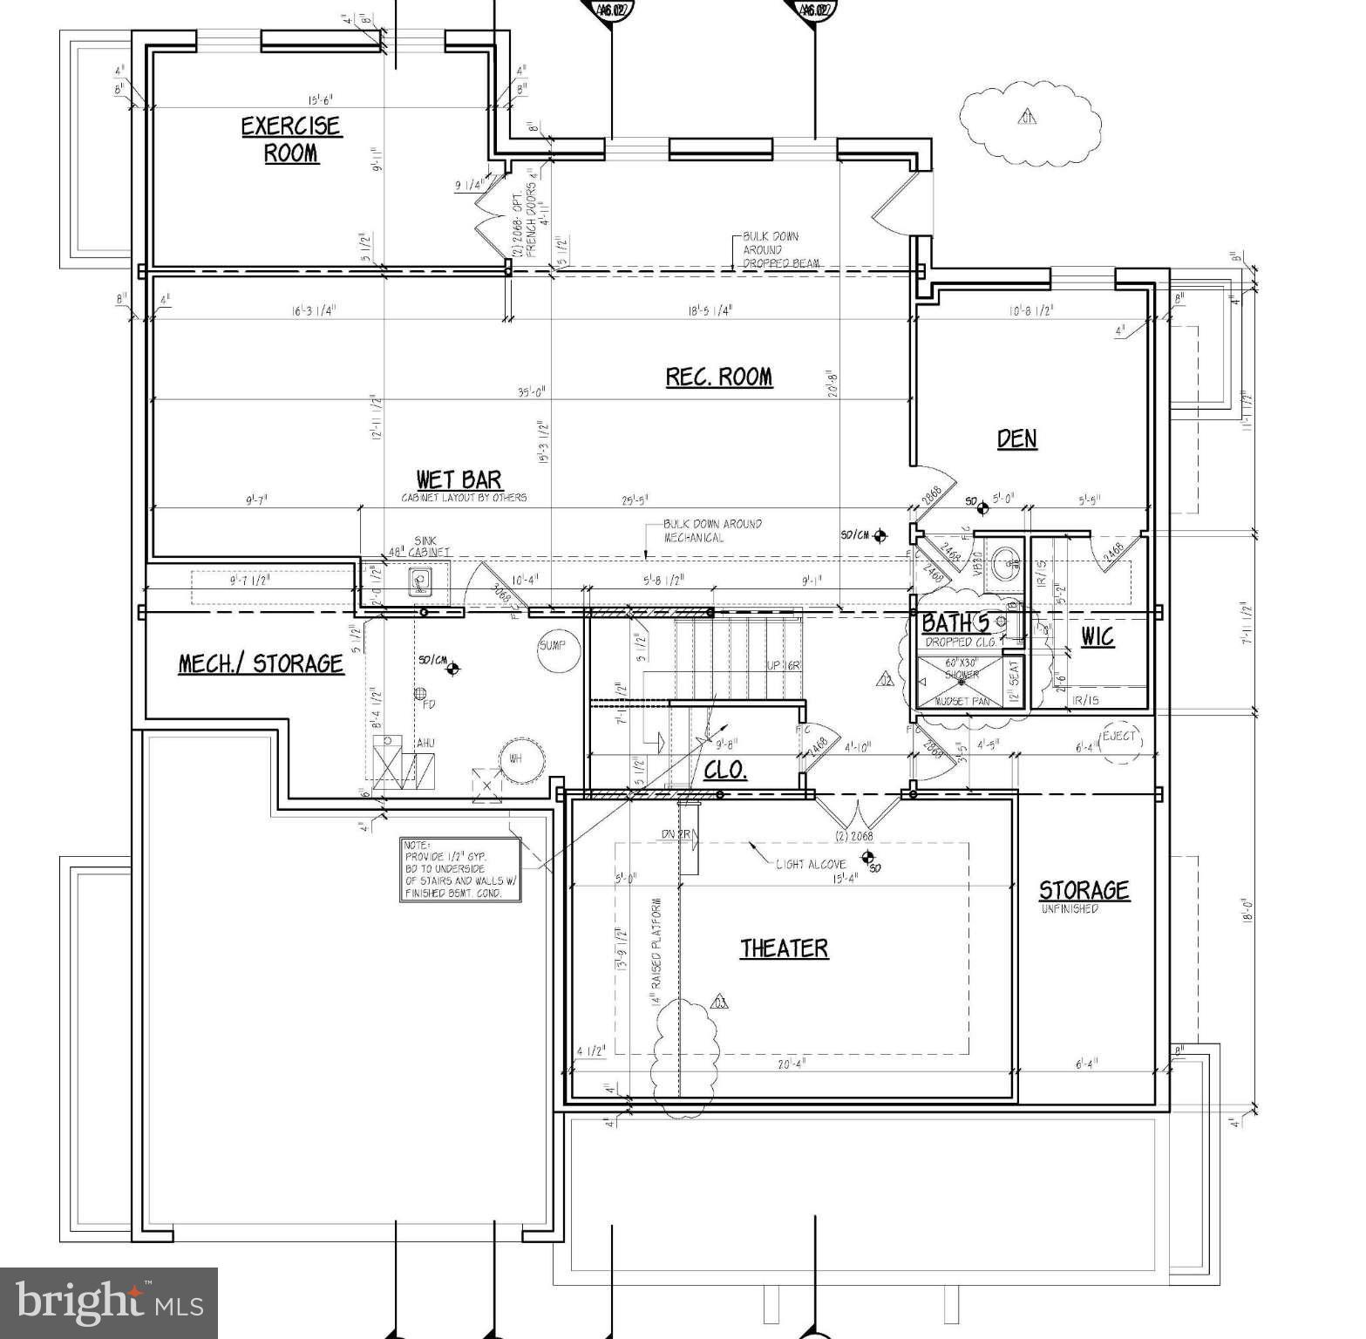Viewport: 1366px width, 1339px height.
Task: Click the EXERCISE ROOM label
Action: [x=290, y=139]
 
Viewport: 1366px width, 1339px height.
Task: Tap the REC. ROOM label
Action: [x=718, y=377]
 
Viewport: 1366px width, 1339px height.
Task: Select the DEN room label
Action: [x=1016, y=438]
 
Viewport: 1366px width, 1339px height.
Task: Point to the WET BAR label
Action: [x=459, y=479]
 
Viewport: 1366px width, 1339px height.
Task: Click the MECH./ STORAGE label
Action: [x=261, y=664]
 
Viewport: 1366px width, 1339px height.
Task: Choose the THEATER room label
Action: [x=784, y=948]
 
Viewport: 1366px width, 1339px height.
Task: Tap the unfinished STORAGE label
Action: [x=1084, y=890]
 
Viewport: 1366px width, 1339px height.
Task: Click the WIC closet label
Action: [x=1097, y=637]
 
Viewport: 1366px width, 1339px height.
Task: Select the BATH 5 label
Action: [x=955, y=623]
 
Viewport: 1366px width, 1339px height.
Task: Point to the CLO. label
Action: [x=725, y=771]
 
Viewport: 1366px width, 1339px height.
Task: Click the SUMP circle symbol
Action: [x=553, y=646]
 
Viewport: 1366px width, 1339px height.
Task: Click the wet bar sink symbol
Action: [x=421, y=581]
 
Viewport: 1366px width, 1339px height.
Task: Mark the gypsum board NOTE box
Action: [x=460, y=869]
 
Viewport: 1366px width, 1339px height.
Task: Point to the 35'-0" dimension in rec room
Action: [x=531, y=391]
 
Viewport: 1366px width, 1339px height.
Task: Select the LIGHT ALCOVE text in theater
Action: [x=812, y=864]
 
